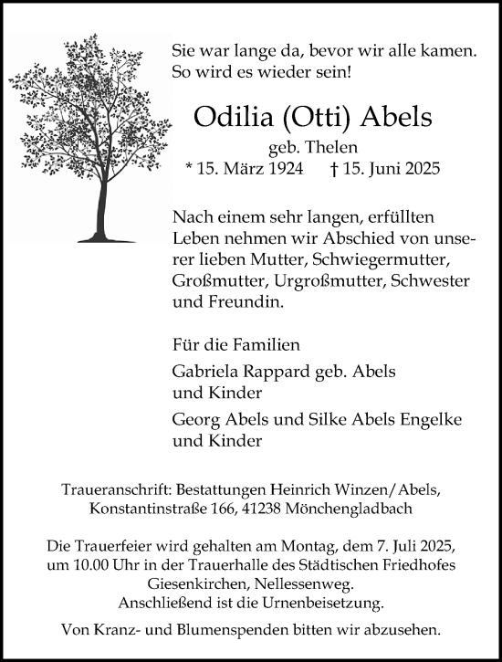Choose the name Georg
coord(194,419)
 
